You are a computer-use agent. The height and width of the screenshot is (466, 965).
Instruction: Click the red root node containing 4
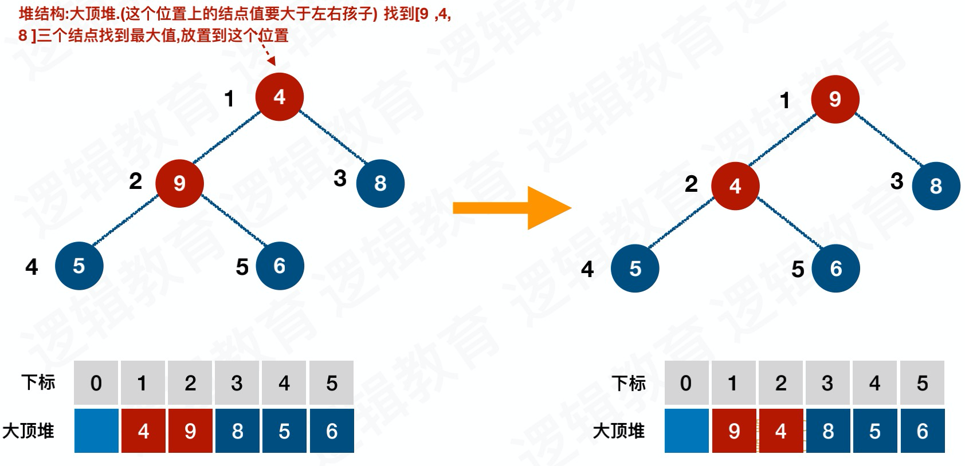click(279, 97)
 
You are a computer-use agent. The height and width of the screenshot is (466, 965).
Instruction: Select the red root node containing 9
click(835, 100)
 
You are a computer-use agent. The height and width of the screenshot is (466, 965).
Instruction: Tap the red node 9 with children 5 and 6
click(179, 183)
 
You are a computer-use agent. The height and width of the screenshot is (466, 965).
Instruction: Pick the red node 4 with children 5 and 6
click(735, 186)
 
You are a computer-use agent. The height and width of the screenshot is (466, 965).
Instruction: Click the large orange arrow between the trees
click(512, 208)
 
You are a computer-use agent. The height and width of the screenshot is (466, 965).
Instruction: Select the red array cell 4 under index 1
click(143, 431)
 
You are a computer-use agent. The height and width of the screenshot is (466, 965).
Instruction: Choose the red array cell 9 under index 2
click(190, 431)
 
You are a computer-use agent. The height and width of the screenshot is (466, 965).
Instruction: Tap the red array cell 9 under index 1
click(734, 431)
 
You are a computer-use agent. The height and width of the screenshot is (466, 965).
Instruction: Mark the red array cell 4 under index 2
click(780, 431)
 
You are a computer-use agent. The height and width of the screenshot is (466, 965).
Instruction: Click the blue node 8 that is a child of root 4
click(380, 183)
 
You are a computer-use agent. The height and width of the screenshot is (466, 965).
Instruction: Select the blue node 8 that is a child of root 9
click(936, 186)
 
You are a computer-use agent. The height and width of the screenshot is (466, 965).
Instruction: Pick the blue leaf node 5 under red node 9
click(79, 266)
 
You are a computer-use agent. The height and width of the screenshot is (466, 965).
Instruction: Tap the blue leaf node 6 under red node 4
click(835, 268)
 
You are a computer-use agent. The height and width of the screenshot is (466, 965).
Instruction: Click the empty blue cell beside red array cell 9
click(687, 431)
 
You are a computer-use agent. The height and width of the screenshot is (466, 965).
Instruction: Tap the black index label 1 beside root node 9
click(785, 101)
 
